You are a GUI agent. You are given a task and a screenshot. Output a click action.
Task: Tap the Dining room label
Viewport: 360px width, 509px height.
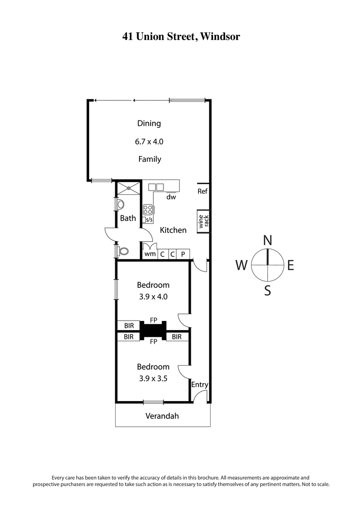pos(149,123)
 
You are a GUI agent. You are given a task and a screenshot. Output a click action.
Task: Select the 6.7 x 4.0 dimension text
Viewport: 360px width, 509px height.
pos(149,141)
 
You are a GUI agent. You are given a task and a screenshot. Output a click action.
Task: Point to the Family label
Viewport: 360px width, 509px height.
pos(149,159)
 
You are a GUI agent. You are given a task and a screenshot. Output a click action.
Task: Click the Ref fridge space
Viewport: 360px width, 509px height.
pos(202,191)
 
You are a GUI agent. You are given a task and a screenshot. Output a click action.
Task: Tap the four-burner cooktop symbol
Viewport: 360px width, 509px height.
pos(148,210)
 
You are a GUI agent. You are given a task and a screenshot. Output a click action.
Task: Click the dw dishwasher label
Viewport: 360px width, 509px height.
pos(171,197)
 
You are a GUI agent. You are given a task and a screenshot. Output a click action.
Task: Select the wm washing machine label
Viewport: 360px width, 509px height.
pos(150,254)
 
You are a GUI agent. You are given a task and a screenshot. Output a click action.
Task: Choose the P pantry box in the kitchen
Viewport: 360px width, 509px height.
pos(183,254)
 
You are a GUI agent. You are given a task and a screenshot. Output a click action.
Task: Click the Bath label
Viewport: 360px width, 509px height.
pos(128,219)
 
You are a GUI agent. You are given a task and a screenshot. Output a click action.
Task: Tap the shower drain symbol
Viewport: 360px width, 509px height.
pos(129,188)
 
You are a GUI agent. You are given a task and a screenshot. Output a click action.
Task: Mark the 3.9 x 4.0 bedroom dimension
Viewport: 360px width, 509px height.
pos(153,297)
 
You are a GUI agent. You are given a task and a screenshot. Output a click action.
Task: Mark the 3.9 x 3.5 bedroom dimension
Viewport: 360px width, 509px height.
pos(153,379)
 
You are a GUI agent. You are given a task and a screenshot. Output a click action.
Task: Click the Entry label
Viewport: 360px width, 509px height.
pos(199,384)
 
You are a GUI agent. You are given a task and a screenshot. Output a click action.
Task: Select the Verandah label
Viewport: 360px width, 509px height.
pos(162,416)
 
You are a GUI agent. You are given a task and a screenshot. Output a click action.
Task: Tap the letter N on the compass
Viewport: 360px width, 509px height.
pos(267,240)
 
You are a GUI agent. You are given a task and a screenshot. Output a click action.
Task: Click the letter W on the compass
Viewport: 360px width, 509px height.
pos(241,266)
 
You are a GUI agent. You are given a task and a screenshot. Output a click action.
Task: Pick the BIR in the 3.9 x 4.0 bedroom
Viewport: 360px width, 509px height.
pos(129,325)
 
